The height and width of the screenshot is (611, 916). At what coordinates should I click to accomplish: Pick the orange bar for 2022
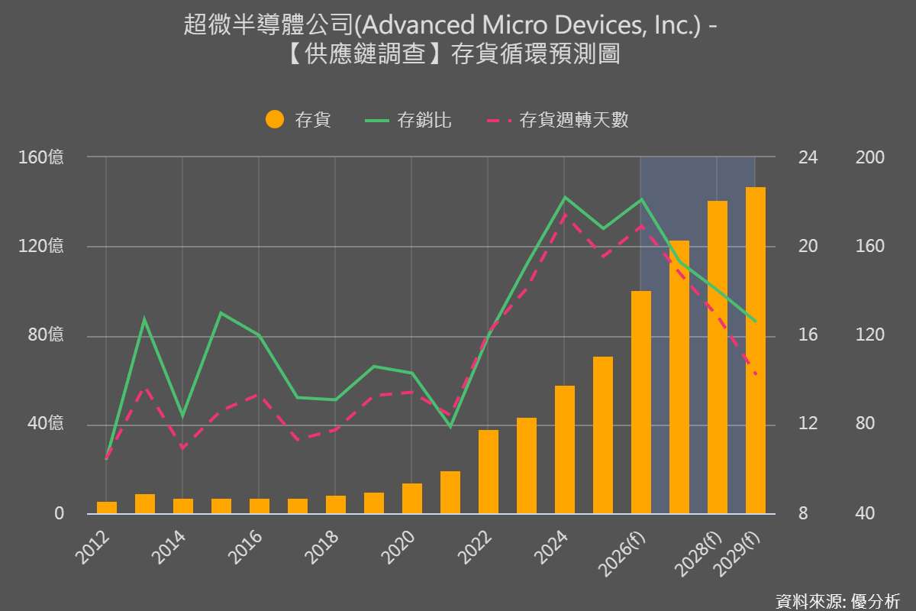coord(489,471)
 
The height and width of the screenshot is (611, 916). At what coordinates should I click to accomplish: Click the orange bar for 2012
coord(107,507)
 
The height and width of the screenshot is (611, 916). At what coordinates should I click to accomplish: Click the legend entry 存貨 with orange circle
coord(298,120)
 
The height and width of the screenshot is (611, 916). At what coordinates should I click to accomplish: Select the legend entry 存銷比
coord(409,120)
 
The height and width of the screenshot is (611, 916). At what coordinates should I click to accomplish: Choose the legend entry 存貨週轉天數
coord(558,120)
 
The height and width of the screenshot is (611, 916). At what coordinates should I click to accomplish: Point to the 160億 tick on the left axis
coord(41,157)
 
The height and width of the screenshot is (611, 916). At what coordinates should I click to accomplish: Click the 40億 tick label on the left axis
coord(46,425)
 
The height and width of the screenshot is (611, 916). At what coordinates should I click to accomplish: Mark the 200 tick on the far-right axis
coord(870,157)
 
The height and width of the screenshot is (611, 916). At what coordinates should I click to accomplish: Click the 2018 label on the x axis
coord(321,546)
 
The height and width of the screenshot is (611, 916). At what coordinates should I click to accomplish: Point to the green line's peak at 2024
coord(565,198)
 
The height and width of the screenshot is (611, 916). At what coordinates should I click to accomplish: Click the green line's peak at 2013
coord(144,319)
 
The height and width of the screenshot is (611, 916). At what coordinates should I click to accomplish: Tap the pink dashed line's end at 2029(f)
coord(756,374)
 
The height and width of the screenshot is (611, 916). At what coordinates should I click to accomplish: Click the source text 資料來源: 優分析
coord(837,601)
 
